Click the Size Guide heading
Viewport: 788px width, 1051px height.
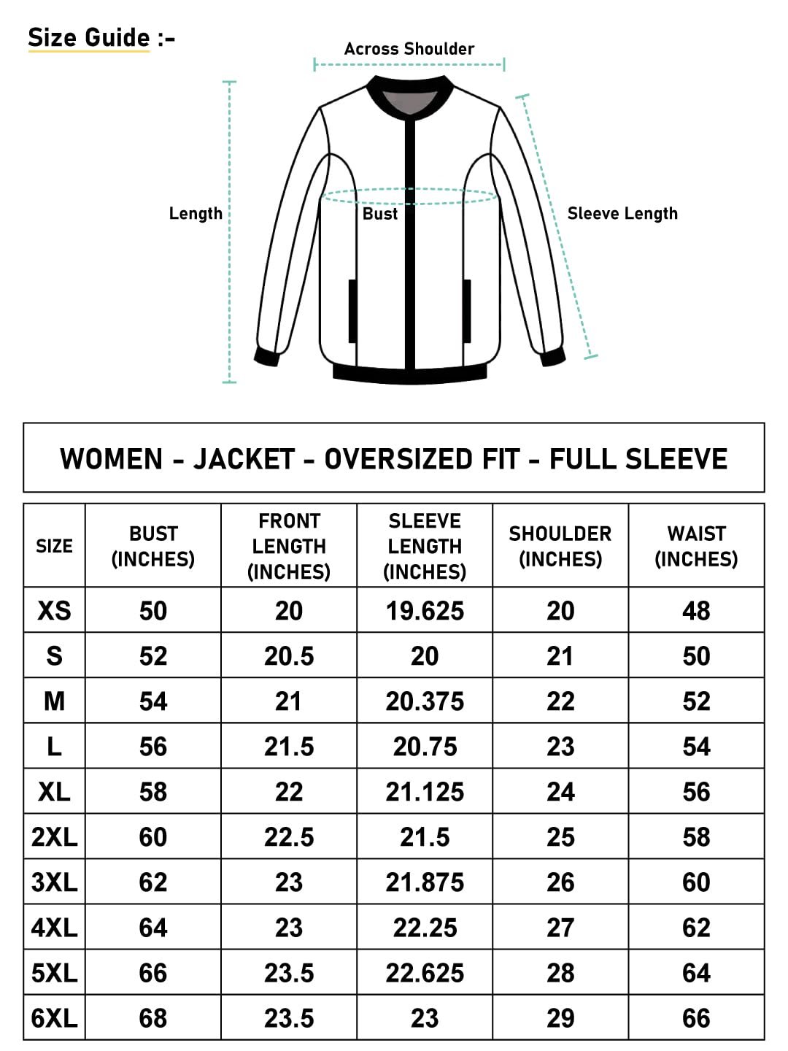click(88, 37)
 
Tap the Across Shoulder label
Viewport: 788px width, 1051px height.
click(409, 49)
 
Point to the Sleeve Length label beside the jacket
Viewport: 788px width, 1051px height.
click(622, 214)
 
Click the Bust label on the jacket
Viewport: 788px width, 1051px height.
click(380, 214)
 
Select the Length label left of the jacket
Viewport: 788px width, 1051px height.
click(196, 214)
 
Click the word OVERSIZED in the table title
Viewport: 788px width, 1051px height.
click(422, 459)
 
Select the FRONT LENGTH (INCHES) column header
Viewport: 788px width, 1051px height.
click(289, 546)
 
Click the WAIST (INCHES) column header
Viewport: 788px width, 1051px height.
click(696, 546)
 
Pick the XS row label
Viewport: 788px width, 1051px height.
click(54, 611)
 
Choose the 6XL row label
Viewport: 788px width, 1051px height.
click(54, 1018)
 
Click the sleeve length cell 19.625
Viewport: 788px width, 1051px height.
click(425, 611)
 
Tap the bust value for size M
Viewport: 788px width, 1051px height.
click(153, 701)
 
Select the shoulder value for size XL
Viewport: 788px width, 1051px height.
click(560, 792)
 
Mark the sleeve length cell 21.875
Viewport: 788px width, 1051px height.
click(425, 882)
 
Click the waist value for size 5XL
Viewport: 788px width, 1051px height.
click(696, 973)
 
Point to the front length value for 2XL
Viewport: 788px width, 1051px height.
click(289, 837)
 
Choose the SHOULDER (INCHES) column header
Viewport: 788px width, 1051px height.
click(560, 546)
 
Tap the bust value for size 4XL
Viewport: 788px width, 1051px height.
click(153, 928)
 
